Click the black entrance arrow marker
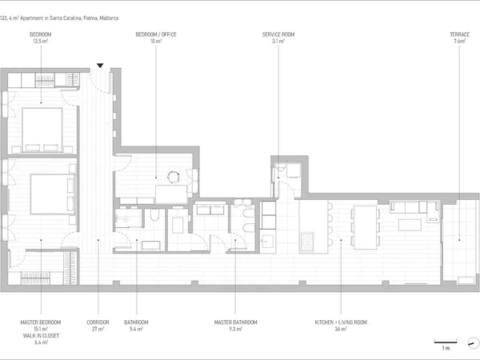tap(100, 66)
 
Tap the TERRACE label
tap(459, 34)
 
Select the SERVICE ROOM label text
tap(278, 34)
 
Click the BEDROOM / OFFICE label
tap(156, 34)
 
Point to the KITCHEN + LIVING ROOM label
tap(341, 322)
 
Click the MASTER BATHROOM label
tap(235, 322)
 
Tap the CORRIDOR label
tap(98, 322)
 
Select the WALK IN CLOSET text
tap(41, 336)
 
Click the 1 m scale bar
tap(446, 342)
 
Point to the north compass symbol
tap(474, 342)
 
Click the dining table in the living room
tap(365, 227)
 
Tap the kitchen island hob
tap(307, 242)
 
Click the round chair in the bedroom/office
tap(173, 177)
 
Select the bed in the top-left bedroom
tap(42, 130)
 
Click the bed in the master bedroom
tap(53, 194)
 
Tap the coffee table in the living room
tap(410, 225)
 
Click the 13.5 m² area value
tap(41, 41)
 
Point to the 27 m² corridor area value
tap(98, 329)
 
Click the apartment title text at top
tap(59, 18)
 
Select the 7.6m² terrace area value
tap(459, 41)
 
